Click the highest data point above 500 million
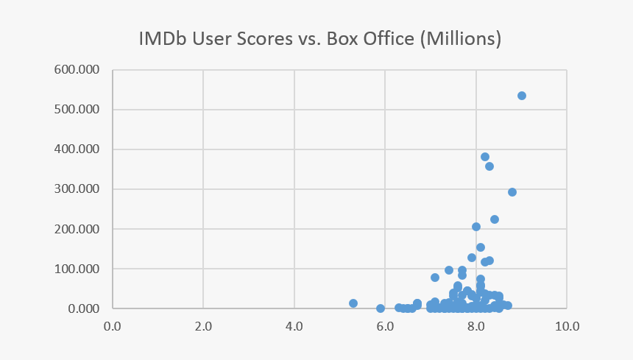click(x=522, y=96)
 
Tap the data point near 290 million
click(x=512, y=192)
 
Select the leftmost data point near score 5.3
click(x=353, y=303)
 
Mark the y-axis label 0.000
click(x=84, y=309)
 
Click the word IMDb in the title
click(x=164, y=38)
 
